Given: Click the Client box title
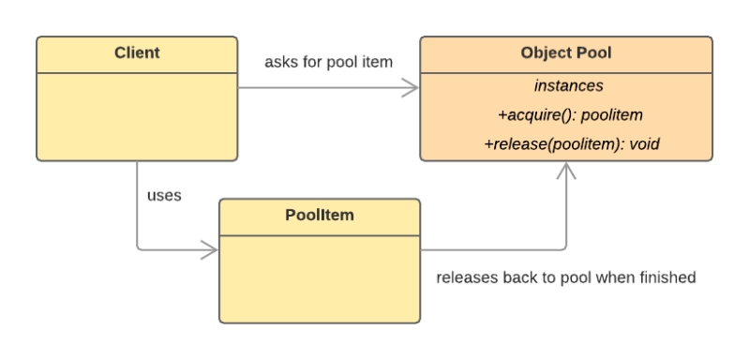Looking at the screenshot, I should pos(137,52).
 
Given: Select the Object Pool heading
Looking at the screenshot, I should pos(565,52).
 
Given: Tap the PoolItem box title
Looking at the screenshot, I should pos(319,216).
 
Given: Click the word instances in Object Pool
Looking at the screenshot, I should pos(568,85).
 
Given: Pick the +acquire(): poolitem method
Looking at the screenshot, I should pos(568,115).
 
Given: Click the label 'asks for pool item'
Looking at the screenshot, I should pos(328,62).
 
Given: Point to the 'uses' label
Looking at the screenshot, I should pos(164,197).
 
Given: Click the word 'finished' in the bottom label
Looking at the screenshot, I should pos(667,278).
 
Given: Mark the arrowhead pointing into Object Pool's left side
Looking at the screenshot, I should pos(409,89).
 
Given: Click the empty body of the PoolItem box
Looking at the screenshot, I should pos(319,277).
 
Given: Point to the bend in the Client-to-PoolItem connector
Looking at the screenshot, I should pos(138,250).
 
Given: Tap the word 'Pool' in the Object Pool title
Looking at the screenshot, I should pos(592,52).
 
